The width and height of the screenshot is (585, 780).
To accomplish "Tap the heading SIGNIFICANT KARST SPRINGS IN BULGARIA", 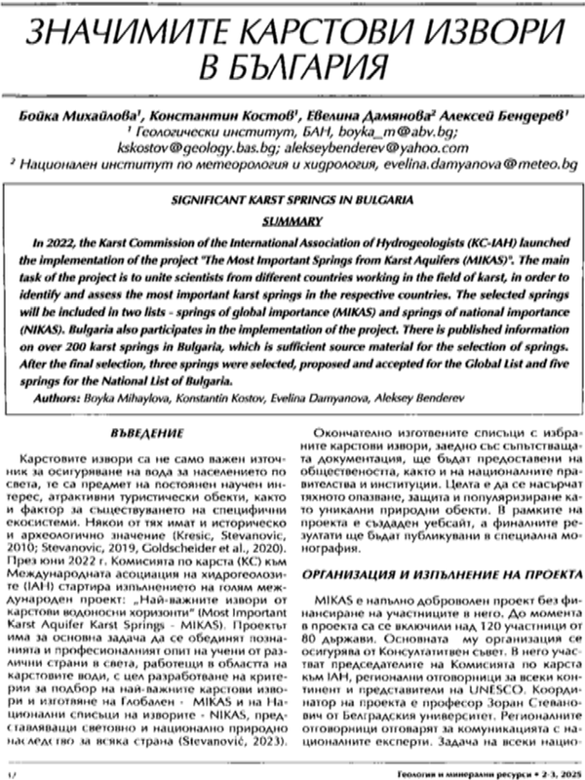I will (292, 203).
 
